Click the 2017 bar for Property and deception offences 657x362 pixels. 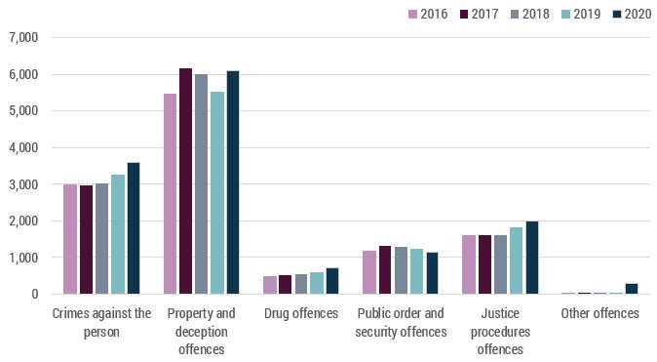(185, 181)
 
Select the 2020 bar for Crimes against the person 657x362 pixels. (134, 228)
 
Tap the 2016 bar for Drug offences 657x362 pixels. (270, 285)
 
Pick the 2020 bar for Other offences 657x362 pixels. (631, 289)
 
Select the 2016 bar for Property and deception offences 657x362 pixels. (170, 194)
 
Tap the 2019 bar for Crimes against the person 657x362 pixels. (118, 234)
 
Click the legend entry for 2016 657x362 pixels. (426, 14)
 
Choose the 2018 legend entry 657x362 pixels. (526, 14)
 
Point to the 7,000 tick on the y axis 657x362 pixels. (21, 37)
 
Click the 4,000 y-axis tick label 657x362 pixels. (21, 147)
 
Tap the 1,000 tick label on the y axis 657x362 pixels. (21, 258)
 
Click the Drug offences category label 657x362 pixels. (301, 313)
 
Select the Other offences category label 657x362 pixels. (599, 313)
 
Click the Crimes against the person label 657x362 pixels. (100, 321)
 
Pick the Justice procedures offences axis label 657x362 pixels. (500, 330)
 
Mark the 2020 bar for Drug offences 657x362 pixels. (332, 281)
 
